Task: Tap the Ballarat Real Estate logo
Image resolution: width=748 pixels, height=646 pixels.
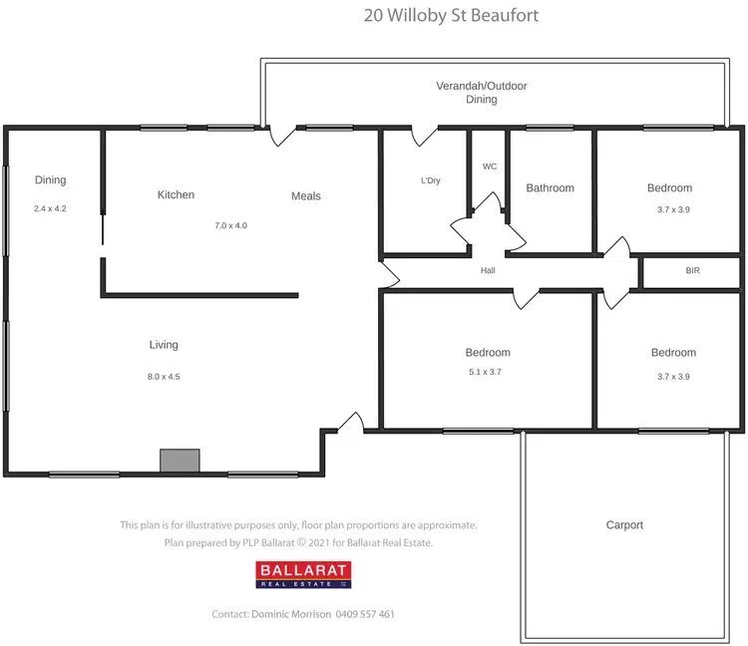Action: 303,575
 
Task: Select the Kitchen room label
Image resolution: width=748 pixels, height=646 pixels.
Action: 176,194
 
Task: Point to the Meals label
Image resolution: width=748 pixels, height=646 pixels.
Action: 306,195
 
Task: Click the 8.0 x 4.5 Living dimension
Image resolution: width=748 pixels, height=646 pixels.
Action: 164,376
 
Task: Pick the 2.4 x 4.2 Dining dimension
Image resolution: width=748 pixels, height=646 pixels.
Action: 50,208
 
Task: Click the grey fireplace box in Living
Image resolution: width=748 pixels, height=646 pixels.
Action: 180,460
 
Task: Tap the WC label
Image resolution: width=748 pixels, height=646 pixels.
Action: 490,166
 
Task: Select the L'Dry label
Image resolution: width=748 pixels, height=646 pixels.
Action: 431,181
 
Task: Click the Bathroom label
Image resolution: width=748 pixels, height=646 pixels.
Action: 551,187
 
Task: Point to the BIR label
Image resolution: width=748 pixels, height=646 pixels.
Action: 692,270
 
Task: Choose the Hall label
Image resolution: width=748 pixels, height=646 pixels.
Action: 488,270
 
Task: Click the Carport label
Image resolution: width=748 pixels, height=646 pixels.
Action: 624,524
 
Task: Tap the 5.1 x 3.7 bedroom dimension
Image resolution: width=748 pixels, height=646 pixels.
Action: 488,371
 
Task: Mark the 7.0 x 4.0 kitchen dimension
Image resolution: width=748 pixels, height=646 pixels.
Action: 230,225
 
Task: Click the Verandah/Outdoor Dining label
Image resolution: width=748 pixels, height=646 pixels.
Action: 482,93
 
